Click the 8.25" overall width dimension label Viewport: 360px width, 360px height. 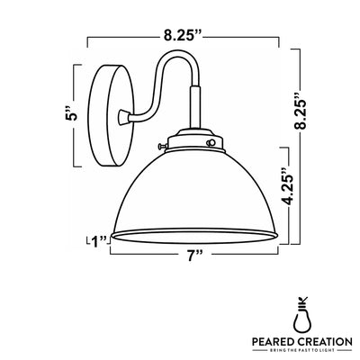point(183,37)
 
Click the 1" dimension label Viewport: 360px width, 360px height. point(98,239)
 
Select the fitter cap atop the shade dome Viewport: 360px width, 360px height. point(189,139)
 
